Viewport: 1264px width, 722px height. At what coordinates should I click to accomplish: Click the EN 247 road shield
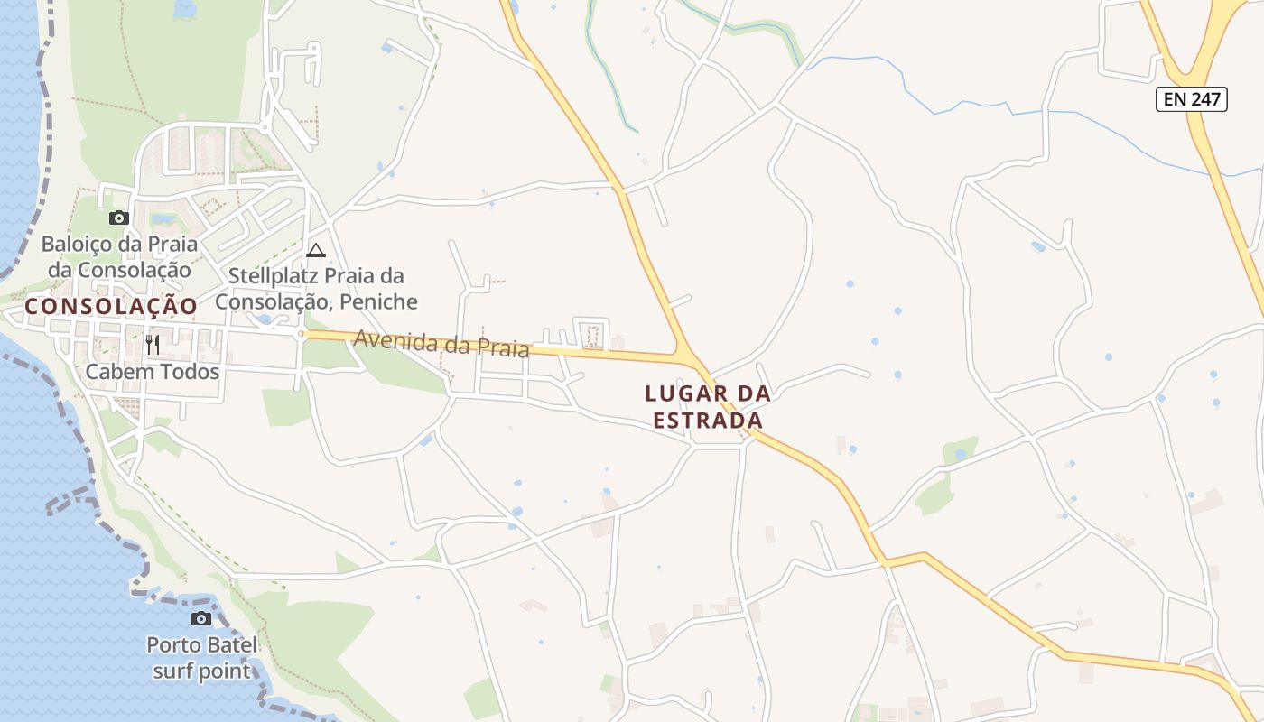click(x=1192, y=99)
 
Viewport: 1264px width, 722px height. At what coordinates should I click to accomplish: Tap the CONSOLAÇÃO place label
click(x=111, y=307)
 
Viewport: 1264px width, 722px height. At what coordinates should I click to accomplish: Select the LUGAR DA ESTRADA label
click(x=708, y=407)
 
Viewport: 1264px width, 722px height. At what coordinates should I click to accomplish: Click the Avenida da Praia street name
click(x=441, y=343)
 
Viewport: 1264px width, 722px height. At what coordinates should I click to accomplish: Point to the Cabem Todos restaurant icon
click(x=153, y=344)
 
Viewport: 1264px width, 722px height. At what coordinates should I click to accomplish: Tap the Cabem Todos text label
click(x=153, y=371)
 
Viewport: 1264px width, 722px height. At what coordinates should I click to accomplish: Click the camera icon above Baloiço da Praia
click(x=118, y=218)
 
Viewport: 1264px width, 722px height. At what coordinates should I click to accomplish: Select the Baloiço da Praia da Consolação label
click(x=119, y=257)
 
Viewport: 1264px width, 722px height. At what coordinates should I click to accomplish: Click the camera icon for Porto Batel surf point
click(x=201, y=618)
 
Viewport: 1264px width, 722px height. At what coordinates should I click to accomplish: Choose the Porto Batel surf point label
click(x=202, y=658)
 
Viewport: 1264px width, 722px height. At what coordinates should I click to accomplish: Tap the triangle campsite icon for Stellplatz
click(x=316, y=250)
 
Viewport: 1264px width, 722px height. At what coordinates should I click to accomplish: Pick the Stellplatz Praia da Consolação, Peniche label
click(x=316, y=289)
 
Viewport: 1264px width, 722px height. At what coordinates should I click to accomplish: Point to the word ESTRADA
click(x=708, y=421)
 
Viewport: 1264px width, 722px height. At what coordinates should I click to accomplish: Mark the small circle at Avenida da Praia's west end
click(x=302, y=334)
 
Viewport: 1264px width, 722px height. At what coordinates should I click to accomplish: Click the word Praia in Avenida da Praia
click(x=502, y=347)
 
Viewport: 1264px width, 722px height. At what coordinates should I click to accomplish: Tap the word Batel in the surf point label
click(x=229, y=645)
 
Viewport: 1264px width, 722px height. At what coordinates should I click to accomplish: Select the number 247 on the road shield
click(x=1205, y=99)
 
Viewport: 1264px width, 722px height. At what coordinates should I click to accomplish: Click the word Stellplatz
click(x=271, y=275)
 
